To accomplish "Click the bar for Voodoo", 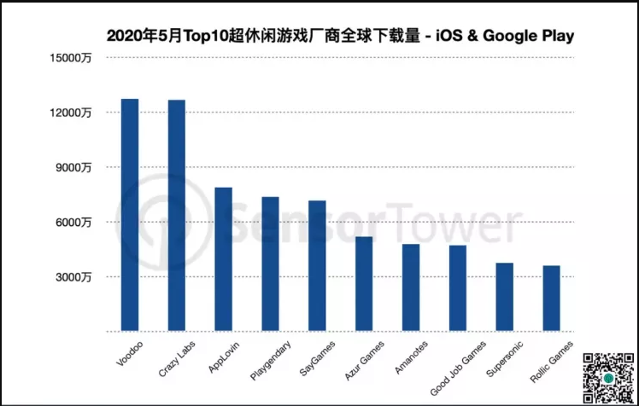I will (130, 215).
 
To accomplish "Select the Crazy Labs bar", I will (177, 216).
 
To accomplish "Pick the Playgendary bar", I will (270, 264).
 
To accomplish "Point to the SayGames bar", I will (317, 265).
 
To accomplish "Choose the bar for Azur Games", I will (364, 284).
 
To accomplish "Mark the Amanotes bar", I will (411, 287).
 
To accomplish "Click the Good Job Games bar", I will (458, 288).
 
